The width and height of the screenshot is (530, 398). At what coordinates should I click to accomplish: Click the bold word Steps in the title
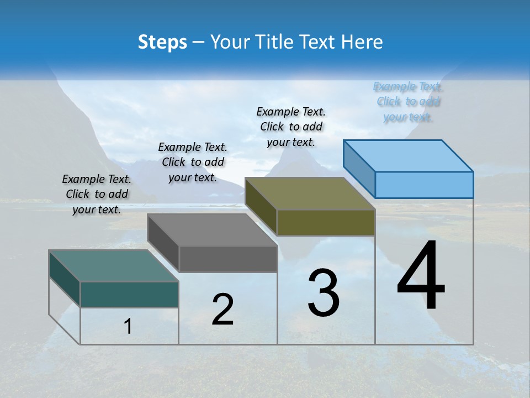click(162, 42)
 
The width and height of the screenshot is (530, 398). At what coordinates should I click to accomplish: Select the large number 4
click(421, 276)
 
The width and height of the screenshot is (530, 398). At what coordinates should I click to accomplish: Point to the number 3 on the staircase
click(324, 292)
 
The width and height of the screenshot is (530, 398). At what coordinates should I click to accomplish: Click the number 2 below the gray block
click(222, 310)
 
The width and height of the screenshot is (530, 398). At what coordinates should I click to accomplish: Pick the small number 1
click(128, 327)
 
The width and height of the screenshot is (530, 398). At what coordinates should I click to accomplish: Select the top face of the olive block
click(310, 193)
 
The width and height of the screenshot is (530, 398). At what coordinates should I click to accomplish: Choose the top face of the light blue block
click(408, 156)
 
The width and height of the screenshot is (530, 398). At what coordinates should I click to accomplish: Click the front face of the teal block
click(129, 294)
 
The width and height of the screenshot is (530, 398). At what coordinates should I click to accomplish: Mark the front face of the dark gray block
click(228, 259)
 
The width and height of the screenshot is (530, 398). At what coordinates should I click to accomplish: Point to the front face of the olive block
click(326, 222)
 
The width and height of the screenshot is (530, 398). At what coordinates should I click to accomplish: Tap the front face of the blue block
click(424, 185)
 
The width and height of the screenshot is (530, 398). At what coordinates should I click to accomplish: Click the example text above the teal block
click(97, 194)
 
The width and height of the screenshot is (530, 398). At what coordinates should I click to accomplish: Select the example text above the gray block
click(193, 162)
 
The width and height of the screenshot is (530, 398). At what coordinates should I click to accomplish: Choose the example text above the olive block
click(291, 127)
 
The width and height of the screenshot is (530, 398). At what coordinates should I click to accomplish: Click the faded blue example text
click(408, 102)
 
